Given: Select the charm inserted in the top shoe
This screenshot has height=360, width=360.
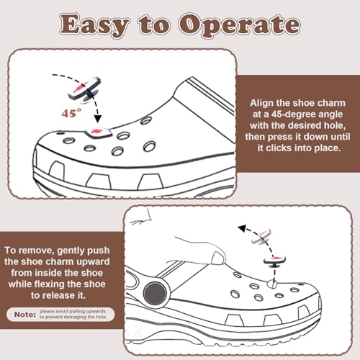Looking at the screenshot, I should tap(94, 132).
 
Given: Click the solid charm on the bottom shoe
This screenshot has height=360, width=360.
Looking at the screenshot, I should tap(275, 261).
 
